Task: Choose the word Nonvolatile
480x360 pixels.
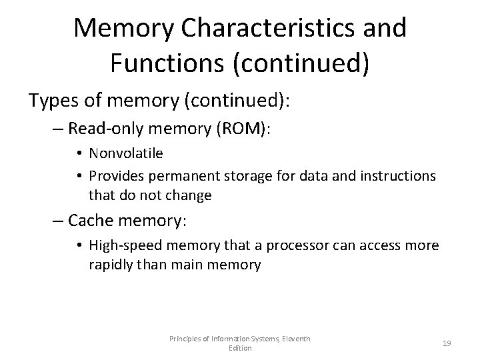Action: coord(125,153)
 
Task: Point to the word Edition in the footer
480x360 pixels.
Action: coord(239,347)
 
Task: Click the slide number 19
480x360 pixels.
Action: coord(447,343)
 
